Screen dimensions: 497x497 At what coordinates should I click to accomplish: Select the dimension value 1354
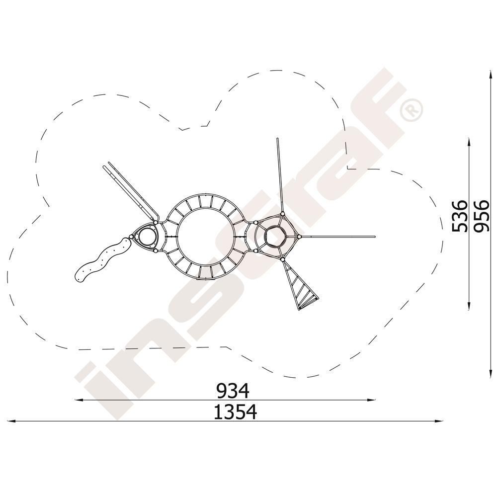click(x=235, y=412)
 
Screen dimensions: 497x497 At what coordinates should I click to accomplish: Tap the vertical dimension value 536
click(x=459, y=216)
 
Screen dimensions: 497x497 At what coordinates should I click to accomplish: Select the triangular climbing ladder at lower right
click(x=300, y=285)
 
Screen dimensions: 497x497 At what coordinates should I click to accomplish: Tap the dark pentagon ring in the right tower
click(x=275, y=237)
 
